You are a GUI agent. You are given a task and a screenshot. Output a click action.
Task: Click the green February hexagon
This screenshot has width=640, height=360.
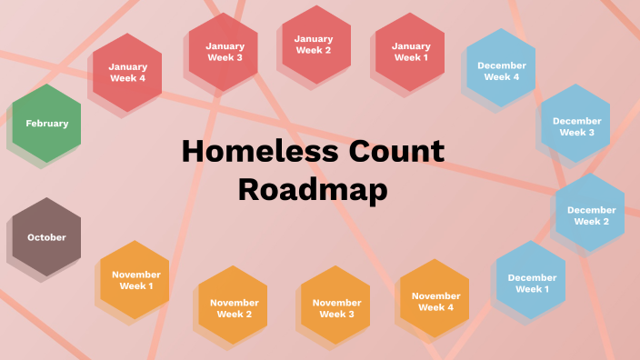click(x=46, y=124)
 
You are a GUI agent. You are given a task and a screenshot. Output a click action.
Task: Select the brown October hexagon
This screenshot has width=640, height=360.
click(x=46, y=237)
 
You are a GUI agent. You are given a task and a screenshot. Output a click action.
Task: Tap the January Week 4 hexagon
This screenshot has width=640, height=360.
click(x=127, y=72)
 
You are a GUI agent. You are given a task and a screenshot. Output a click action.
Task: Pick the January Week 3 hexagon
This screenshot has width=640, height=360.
click(x=224, y=52)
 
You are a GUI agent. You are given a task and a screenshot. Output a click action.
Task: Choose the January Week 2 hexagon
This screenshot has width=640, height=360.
click(x=314, y=45)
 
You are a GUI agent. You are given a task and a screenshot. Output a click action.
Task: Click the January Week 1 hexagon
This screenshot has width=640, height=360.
click(x=411, y=52)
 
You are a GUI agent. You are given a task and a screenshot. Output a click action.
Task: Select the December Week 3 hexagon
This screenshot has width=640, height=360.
click(x=576, y=125)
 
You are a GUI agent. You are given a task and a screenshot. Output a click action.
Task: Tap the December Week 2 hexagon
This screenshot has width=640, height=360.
click(x=591, y=215)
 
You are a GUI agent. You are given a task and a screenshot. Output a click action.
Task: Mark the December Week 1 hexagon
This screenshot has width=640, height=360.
click(x=530, y=283)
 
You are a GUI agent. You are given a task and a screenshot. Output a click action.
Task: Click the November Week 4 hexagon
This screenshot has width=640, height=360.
click(x=435, y=301)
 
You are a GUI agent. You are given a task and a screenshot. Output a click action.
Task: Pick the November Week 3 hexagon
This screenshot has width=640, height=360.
click(x=336, y=308)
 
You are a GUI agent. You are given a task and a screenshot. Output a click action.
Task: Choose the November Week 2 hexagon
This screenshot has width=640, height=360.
click(x=234, y=308)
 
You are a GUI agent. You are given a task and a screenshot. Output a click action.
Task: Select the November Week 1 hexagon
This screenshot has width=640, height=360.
click(x=136, y=280)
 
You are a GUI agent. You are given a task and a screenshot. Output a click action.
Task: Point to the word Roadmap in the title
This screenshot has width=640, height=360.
click(x=312, y=189)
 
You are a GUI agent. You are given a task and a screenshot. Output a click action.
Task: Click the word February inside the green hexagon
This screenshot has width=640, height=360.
click(x=46, y=124)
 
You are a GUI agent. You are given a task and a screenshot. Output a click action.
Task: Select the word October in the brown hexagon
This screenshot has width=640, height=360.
click(x=46, y=237)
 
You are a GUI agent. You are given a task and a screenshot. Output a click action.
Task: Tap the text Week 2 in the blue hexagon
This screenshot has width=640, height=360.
click(x=591, y=222)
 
